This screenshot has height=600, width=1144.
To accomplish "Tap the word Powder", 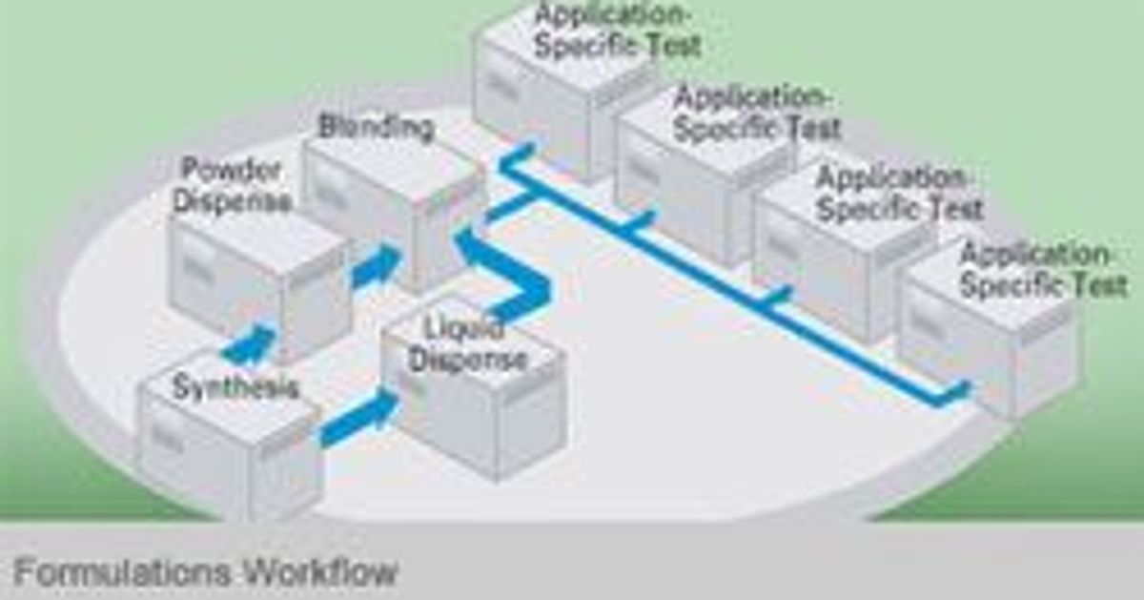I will (232, 171).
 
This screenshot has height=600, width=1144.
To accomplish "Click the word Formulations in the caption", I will (121, 572).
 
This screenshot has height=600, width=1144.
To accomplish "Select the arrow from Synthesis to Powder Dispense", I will (250, 345).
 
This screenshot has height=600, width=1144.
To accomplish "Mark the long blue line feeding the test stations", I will (725, 277).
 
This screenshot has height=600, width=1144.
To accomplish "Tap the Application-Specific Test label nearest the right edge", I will (1042, 270).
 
